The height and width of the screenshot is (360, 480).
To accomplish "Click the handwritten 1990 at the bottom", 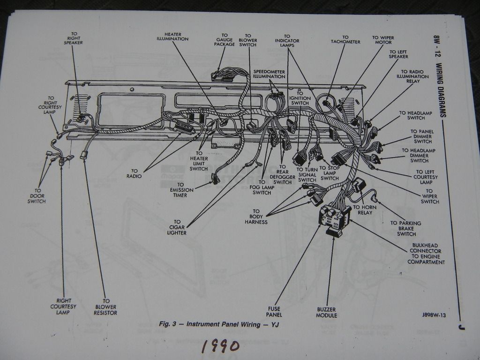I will click(x=221, y=346).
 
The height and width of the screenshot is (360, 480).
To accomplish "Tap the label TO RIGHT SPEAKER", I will click(x=74, y=38).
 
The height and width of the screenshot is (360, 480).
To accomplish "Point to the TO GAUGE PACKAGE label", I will click(x=225, y=39).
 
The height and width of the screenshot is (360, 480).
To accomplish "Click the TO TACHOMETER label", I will click(x=345, y=39).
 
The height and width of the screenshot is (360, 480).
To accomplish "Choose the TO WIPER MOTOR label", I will click(x=383, y=40).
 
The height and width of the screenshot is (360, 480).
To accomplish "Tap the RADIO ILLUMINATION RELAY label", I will click(x=412, y=76).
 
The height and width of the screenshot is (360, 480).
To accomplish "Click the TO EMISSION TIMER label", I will click(x=179, y=190).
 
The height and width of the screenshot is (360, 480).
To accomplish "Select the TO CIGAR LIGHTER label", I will click(x=177, y=227).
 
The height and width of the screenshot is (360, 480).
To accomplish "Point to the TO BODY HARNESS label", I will click(x=256, y=217).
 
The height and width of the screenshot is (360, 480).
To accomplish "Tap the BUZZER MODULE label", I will click(x=327, y=312).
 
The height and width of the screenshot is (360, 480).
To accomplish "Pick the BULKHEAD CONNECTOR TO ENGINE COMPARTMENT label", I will click(x=426, y=254).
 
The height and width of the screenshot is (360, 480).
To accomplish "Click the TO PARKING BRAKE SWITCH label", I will click(x=406, y=228).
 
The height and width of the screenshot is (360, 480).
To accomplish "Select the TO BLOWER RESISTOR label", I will click(x=105, y=307).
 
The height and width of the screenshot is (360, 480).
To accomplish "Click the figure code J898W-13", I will click(x=434, y=315).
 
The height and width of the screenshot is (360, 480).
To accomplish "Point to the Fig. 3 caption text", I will click(x=219, y=324).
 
